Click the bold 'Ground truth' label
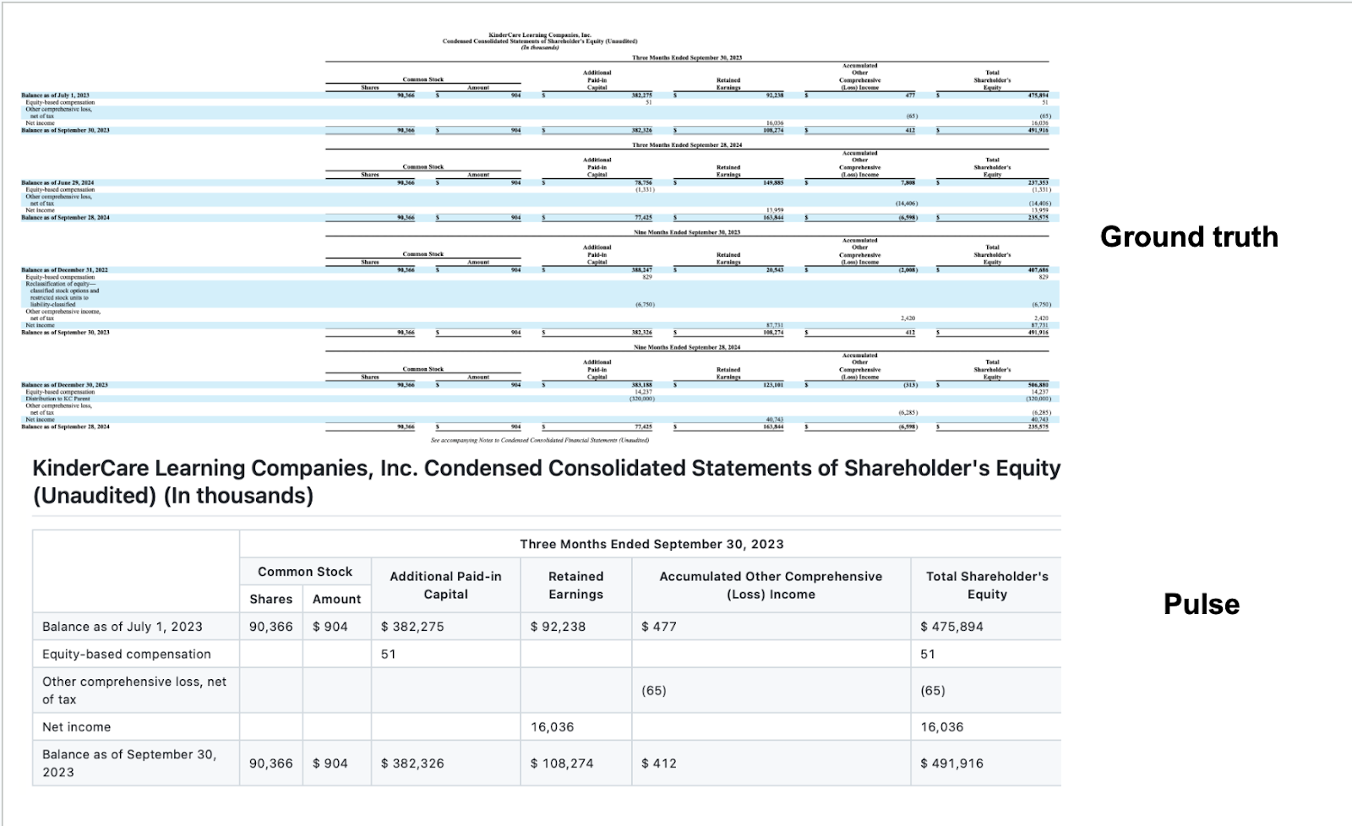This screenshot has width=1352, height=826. tap(1189, 237)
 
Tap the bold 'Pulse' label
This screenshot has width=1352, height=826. tap(1201, 605)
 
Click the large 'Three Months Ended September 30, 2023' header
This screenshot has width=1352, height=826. tap(651, 544)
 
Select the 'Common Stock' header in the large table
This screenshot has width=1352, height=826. tap(305, 572)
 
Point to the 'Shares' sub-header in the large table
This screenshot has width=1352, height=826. tap(271, 599)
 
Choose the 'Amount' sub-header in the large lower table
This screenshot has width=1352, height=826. tap(336, 599)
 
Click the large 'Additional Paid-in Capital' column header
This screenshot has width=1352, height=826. tap(445, 585)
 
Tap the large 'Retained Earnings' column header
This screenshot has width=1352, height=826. tap(575, 585)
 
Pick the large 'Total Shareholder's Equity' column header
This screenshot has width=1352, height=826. tap(986, 585)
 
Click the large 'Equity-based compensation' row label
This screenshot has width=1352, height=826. tap(127, 654)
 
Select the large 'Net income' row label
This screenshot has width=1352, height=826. tap(77, 726)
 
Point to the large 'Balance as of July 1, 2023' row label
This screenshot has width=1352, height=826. tap(123, 627)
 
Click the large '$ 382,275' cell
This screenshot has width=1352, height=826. tap(412, 627)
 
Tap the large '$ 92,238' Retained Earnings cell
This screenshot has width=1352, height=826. tap(558, 627)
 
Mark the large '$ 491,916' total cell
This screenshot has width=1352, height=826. tap(951, 763)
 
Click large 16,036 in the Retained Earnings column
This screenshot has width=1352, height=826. tap(553, 726)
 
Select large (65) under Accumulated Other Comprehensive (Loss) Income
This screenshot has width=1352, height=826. tap(654, 690)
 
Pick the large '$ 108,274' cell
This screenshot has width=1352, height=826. tap(562, 763)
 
